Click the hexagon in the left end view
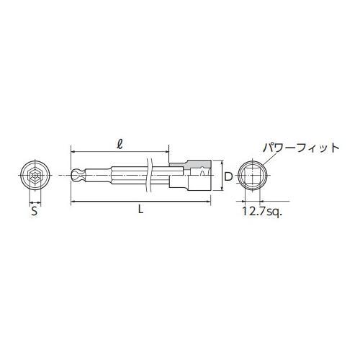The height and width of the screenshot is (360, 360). point(34,175)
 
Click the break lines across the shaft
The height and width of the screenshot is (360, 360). point(149,175)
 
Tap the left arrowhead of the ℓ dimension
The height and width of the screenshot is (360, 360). point(73,151)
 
